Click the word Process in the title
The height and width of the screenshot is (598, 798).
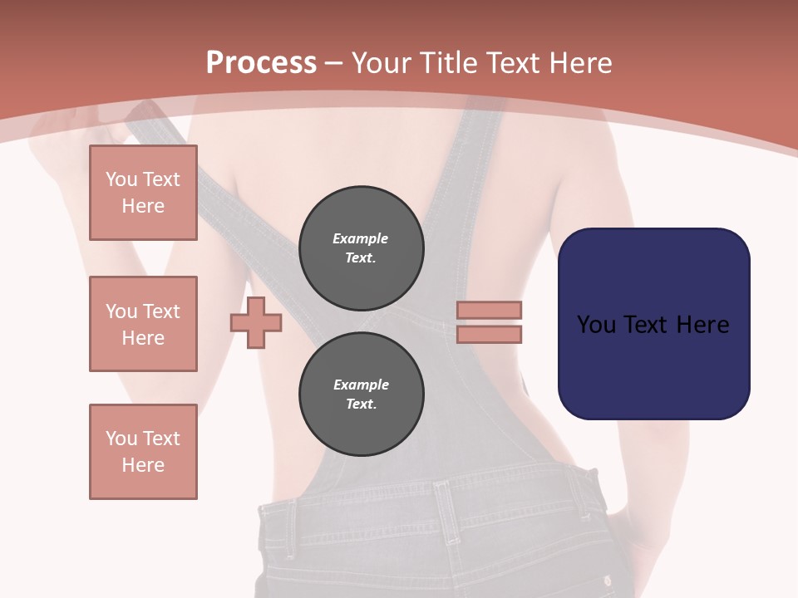261,62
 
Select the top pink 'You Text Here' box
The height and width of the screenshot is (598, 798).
143,193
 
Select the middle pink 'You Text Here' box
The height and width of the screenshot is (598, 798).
143,324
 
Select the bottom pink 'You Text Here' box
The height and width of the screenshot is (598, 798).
143,452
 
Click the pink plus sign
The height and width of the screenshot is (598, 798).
256,322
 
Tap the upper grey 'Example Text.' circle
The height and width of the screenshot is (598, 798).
361,248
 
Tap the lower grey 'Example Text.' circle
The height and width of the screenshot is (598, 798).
361,395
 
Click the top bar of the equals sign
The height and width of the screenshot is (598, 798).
489,311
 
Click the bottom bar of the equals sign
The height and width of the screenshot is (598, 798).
489,334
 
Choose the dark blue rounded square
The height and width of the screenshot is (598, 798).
653,365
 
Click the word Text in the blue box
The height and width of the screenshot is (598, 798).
653,325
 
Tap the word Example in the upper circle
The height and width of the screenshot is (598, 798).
361,238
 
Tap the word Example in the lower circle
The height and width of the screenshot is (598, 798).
361,385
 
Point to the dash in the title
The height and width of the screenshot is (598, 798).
334,62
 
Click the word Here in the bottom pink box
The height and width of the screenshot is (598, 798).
143,465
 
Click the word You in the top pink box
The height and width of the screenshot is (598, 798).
121,179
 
